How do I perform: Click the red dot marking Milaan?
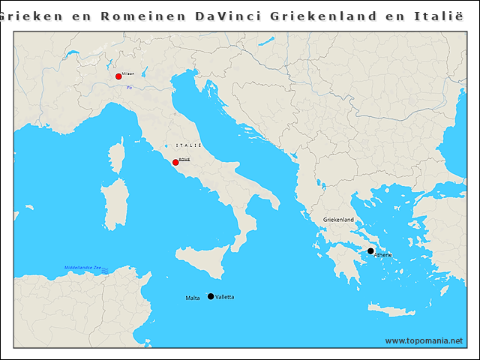pyautogui.click(x=118, y=76)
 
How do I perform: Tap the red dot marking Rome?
pyautogui.click(x=175, y=162)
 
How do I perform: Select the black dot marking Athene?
pyautogui.click(x=370, y=251)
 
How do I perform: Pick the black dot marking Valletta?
pyautogui.click(x=211, y=296)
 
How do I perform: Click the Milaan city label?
pyautogui.click(x=128, y=73)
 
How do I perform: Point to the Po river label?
pyautogui.click(x=129, y=88)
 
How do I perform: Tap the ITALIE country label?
pyautogui.click(x=188, y=145)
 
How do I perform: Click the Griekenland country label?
pyautogui.click(x=338, y=220)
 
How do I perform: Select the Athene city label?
pyautogui.click(x=383, y=256)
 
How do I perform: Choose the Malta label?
pyautogui.click(x=193, y=298)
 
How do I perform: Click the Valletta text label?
pyautogui.click(x=224, y=297)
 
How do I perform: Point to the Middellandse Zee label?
pyautogui.click(x=84, y=268)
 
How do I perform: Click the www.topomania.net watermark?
pyautogui.click(x=424, y=340)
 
